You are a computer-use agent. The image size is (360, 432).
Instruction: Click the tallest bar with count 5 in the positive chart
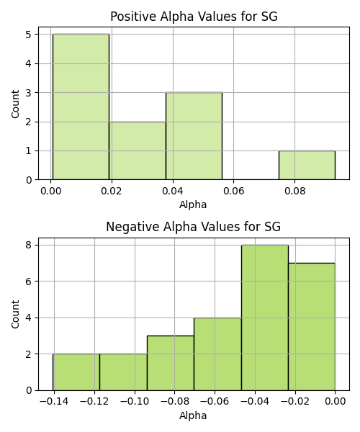point(81,107)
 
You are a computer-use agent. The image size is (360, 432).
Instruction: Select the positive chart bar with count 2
point(138,150)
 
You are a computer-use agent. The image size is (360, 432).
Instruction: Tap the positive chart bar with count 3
point(194,136)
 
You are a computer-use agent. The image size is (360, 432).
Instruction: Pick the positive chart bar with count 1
point(307,166)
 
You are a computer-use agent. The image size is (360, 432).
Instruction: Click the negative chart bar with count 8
point(265,318)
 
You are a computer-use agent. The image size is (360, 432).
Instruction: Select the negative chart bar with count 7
point(312,327)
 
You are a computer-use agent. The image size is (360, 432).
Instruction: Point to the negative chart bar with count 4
point(217,354)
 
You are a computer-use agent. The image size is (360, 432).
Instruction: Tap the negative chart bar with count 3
point(171,363)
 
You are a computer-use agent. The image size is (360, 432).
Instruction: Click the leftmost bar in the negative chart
point(76,372)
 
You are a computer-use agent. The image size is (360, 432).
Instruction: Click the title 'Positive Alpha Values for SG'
point(194,17)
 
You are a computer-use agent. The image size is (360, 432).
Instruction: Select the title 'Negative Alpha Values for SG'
point(194,227)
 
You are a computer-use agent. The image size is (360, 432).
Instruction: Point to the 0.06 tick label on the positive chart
point(233,191)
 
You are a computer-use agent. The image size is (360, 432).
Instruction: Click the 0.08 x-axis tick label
point(294,191)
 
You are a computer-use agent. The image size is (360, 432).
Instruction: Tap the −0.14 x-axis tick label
point(54,402)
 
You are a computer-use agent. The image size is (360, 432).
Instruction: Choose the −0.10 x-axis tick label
point(135,402)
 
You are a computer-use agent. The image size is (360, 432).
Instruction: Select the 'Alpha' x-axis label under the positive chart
point(193,205)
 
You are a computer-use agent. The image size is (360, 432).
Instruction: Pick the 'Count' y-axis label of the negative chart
point(15,314)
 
